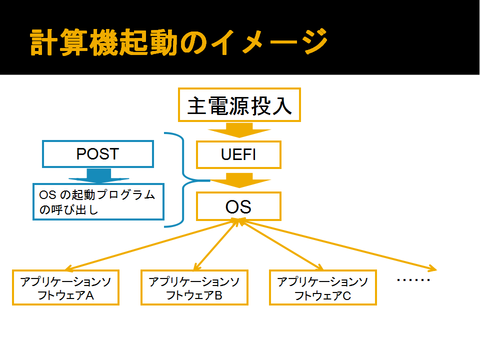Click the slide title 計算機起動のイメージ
tap(179, 42)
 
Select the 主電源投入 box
tap(239, 105)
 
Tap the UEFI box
tap(239, 154)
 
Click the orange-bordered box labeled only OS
tap(239, 206)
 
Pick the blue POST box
tap(98, 154)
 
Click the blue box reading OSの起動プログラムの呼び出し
tap(98, 201)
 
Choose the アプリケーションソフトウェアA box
tap(65, 287)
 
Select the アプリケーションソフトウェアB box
tap(194, 287)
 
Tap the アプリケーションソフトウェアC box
tap(323, 287)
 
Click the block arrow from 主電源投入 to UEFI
tap(239, 130)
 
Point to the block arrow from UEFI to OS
tap(239, 180)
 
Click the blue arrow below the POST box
tap(98, 175)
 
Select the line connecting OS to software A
tap(151, 244)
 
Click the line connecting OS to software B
tap(216, 245)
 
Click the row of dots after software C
tap(413, 280)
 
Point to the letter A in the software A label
tap(89, 295)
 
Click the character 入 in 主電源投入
tap(282, 106)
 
